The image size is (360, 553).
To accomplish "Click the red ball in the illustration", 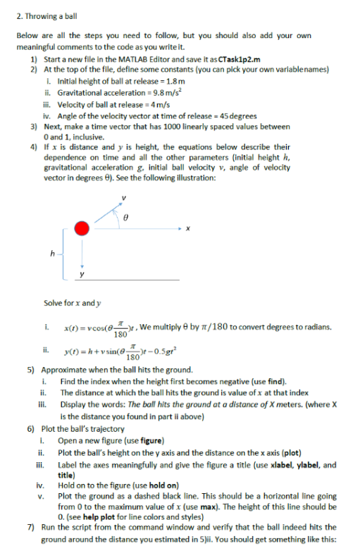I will click(x=82, y=228).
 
